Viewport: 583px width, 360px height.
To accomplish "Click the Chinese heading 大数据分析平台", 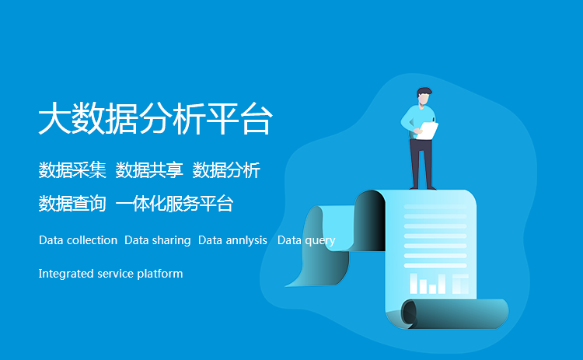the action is [x=155, y=118].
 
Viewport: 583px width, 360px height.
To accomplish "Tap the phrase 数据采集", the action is [x=72, y=170].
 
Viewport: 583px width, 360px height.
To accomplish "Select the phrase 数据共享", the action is [x=149, y=170].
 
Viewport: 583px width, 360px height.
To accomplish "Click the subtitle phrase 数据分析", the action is [x=226, y=170].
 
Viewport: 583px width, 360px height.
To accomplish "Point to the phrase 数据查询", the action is [x=72, y=204].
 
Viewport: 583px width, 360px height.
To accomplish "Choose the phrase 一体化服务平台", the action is [x=174, y=204].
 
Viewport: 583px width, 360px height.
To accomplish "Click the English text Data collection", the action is [x=78, y=240].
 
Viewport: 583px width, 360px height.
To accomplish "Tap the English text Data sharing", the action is [x=158, y=240].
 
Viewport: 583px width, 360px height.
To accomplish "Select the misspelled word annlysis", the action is [x=246, y=240].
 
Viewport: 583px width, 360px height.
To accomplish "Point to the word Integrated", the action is [x=66, y=274].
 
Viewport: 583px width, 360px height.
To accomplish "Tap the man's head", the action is [x=424, y=96].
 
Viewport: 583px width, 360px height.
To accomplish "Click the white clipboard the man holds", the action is [x=428, y=131].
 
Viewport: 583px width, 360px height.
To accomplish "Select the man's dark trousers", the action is [x=421, y=163].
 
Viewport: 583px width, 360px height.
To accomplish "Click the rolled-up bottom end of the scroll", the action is [x=455, y=313].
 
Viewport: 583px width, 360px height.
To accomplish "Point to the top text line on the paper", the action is [x=435, y=206].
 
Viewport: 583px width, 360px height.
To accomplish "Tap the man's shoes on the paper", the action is [x=423, y=188].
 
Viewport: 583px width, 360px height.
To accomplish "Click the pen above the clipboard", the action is [x=434, y=120].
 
